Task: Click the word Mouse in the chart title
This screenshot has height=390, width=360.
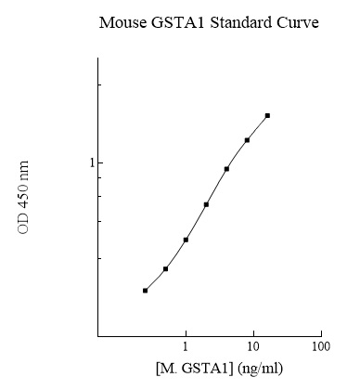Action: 121,22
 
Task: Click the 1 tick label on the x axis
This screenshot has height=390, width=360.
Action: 186,347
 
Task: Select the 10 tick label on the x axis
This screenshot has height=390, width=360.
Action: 253,347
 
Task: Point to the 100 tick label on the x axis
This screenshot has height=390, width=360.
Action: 321,347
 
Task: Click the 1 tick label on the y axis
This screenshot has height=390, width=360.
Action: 91,163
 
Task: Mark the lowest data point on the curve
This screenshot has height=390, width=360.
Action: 145,291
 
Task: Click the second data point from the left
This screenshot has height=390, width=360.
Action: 165,269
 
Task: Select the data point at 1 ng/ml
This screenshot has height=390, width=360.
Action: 186,240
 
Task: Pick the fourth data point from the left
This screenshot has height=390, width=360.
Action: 206,204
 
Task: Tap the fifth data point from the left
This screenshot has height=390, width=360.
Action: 226,169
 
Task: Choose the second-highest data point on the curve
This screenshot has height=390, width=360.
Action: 247,140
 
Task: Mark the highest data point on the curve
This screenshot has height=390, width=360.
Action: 267,115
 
